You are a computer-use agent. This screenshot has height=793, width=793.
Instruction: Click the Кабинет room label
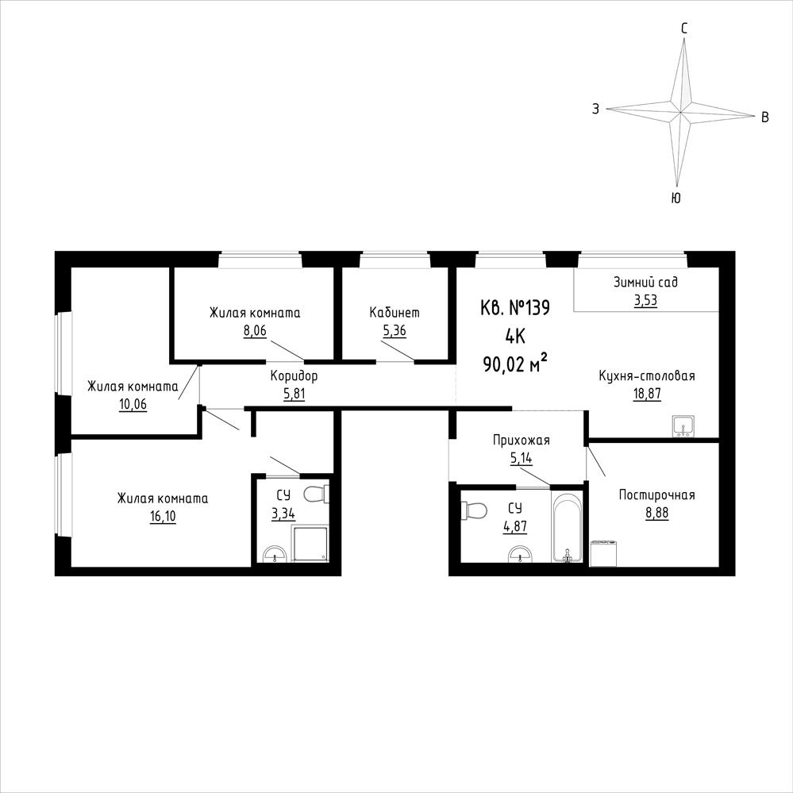tap(395, 313)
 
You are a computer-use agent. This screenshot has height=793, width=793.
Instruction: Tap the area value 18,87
tap(647, 394)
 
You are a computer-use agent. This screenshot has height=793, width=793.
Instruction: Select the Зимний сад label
tap(646, 283)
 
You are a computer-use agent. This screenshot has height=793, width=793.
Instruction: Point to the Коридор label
tap(294, 375)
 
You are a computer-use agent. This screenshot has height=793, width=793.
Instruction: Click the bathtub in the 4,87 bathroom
tap(568, 528)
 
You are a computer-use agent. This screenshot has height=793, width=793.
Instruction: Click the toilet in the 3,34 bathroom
tap(317, 494)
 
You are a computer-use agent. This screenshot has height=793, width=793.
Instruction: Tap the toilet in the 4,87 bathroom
tap(474, 510)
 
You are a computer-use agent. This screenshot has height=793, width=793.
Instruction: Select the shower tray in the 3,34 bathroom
tap(311, 544)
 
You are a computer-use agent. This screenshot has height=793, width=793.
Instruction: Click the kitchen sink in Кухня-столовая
tap(683, 426)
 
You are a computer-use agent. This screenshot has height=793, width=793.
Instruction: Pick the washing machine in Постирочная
tap(604, 553)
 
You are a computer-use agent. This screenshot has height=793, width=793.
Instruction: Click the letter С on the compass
tap(684, 29)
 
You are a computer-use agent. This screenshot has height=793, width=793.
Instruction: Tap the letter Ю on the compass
tap(676, 198)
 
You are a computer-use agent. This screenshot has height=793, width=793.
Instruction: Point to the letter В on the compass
tap(765, 117)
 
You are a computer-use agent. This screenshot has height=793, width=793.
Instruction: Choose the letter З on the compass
tap(596, 108)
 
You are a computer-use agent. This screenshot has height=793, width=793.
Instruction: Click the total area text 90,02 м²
tap(516, 363)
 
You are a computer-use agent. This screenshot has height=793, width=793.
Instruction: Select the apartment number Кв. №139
tap(515, 308)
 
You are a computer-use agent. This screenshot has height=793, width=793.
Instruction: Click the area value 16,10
tap(163, 516)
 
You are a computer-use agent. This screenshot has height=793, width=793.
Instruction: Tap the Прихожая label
tap(521, 441)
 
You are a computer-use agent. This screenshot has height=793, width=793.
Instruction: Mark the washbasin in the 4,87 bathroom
tap(519, 554)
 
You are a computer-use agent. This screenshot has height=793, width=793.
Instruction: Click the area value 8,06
tap(255, 331)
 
